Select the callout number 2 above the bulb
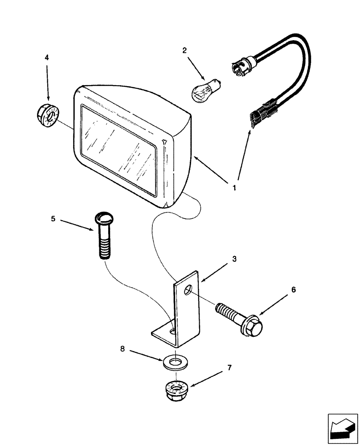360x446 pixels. coord(184,51)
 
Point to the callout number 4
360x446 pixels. coord(47,58)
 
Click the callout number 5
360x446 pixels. coord(53,219)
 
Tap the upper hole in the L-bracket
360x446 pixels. coord(189,291)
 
